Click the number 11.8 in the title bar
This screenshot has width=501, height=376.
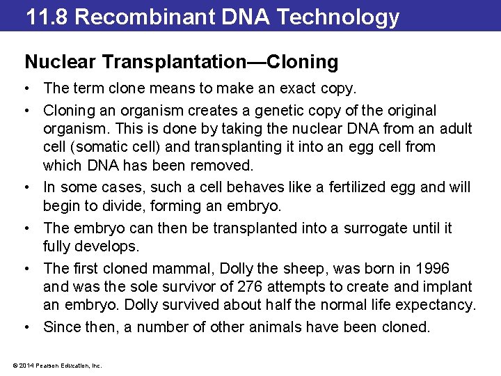point(47,17)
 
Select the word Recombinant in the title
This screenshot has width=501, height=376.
point(138,17)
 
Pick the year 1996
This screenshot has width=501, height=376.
point(433,268)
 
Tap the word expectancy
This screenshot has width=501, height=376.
point(435,304)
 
